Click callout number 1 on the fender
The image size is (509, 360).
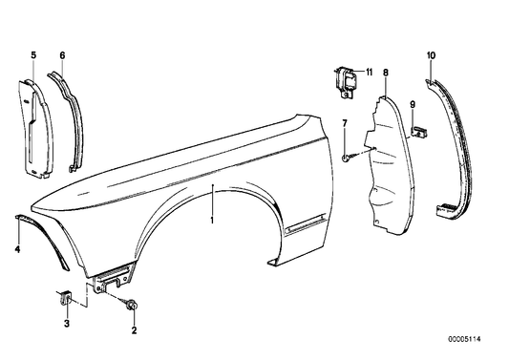[213, 221]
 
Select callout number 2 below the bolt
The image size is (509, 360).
[134, 331]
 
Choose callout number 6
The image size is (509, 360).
[62, 57]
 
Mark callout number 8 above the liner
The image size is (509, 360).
[385, 72]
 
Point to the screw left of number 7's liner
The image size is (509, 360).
[348, 155]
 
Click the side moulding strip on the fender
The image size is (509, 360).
[308, 226]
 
